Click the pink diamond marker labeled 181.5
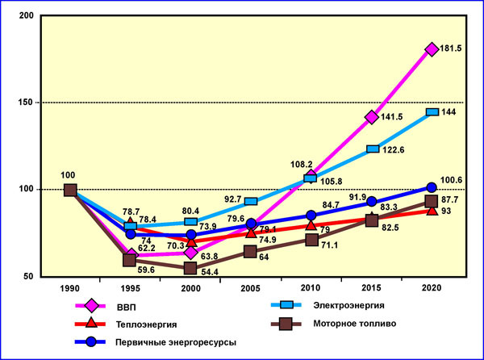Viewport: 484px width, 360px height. (x=432, y=49)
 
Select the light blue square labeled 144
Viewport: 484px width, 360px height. (x=432, y=112)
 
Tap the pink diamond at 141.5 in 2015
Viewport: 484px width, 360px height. (x=372, y=117)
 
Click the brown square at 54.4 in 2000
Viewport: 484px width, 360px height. (x=190, y=269)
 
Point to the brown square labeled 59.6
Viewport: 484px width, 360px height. (x=130, y=260)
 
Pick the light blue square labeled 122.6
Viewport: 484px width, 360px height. (x=372, y=149)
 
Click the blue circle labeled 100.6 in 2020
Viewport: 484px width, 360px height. (x=432, y=188)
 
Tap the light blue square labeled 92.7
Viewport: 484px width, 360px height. (x=251, y=201)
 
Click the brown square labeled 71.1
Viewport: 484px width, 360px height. (x=311, y=240)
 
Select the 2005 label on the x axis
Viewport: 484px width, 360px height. (x=251, y=287)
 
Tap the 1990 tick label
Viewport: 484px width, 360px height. (x=70, y=287)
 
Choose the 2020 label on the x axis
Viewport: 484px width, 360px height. (x=432, y=287)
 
